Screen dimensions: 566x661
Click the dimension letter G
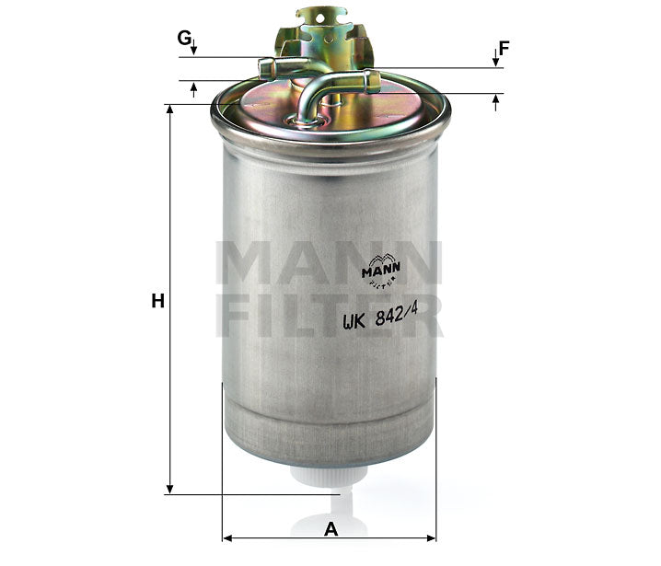[x=185, y=38]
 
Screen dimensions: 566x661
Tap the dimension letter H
[x=157, y=300]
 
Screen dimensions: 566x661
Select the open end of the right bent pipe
[x=373, y=81]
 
